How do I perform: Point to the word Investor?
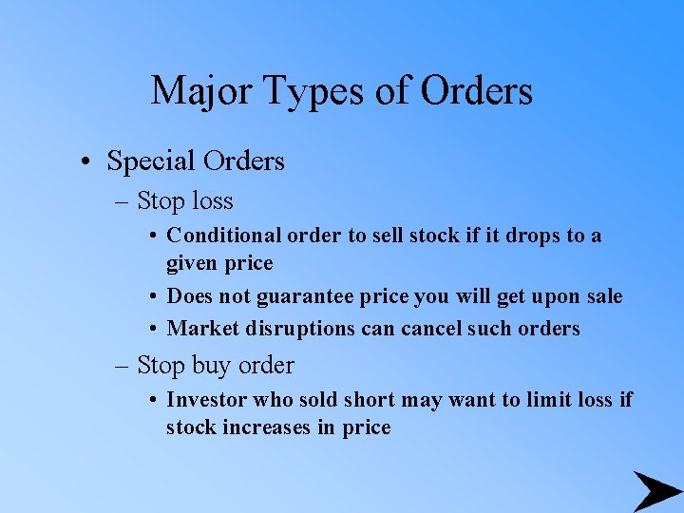(x=204, y=400)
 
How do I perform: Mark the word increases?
(x=267, y=427)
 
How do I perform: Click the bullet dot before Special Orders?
(x=85, y=162)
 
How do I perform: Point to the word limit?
(x=537, y=400)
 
